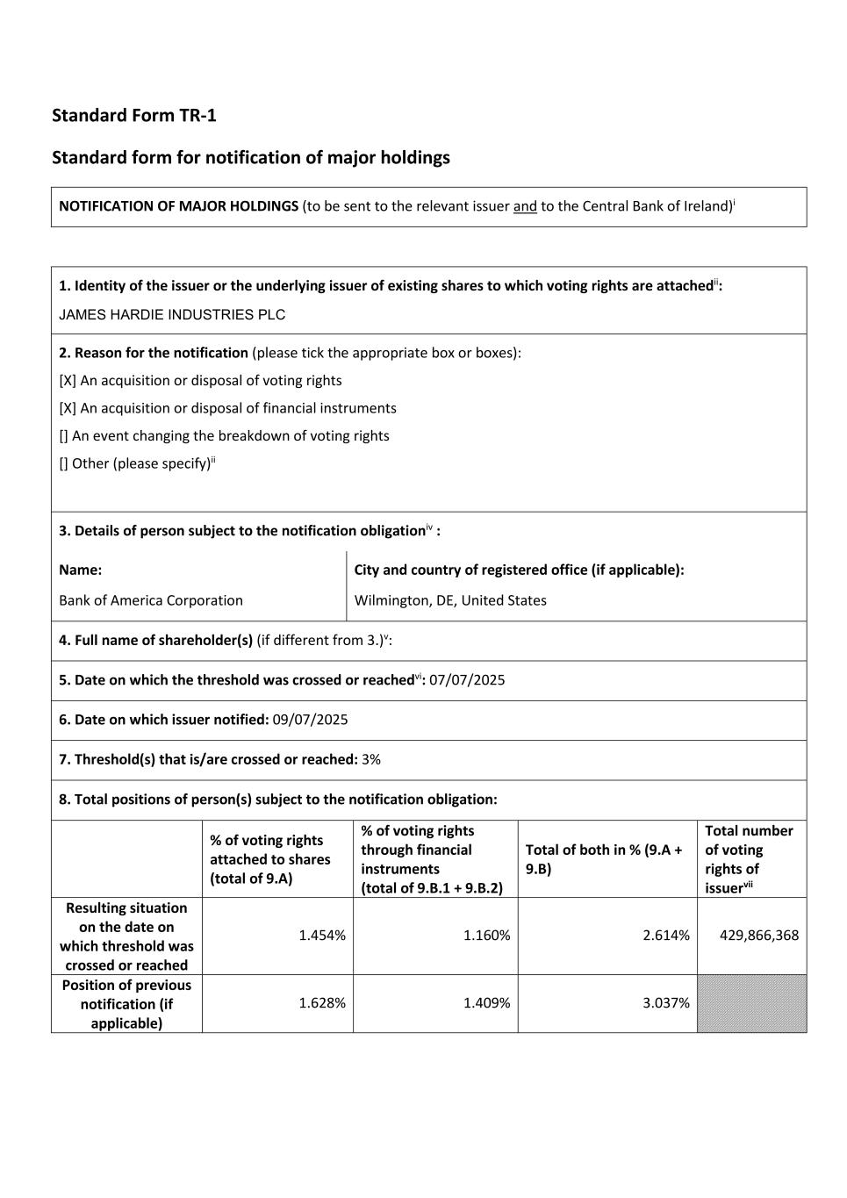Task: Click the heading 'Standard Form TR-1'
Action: click(133, 115)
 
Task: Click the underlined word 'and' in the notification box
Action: click(525, 206)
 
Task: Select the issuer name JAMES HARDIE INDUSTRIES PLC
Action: click(172, 315)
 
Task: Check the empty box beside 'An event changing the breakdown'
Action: click(63, 436)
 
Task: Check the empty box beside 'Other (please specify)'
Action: click(63, 463)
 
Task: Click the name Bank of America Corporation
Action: click(151, 600)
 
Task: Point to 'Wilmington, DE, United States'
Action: click(450, 600)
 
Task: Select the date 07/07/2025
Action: click(467, 680)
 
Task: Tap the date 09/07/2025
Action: click(310, 720)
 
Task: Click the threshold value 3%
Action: click(371, 759)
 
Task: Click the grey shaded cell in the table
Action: click(752, 1003)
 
